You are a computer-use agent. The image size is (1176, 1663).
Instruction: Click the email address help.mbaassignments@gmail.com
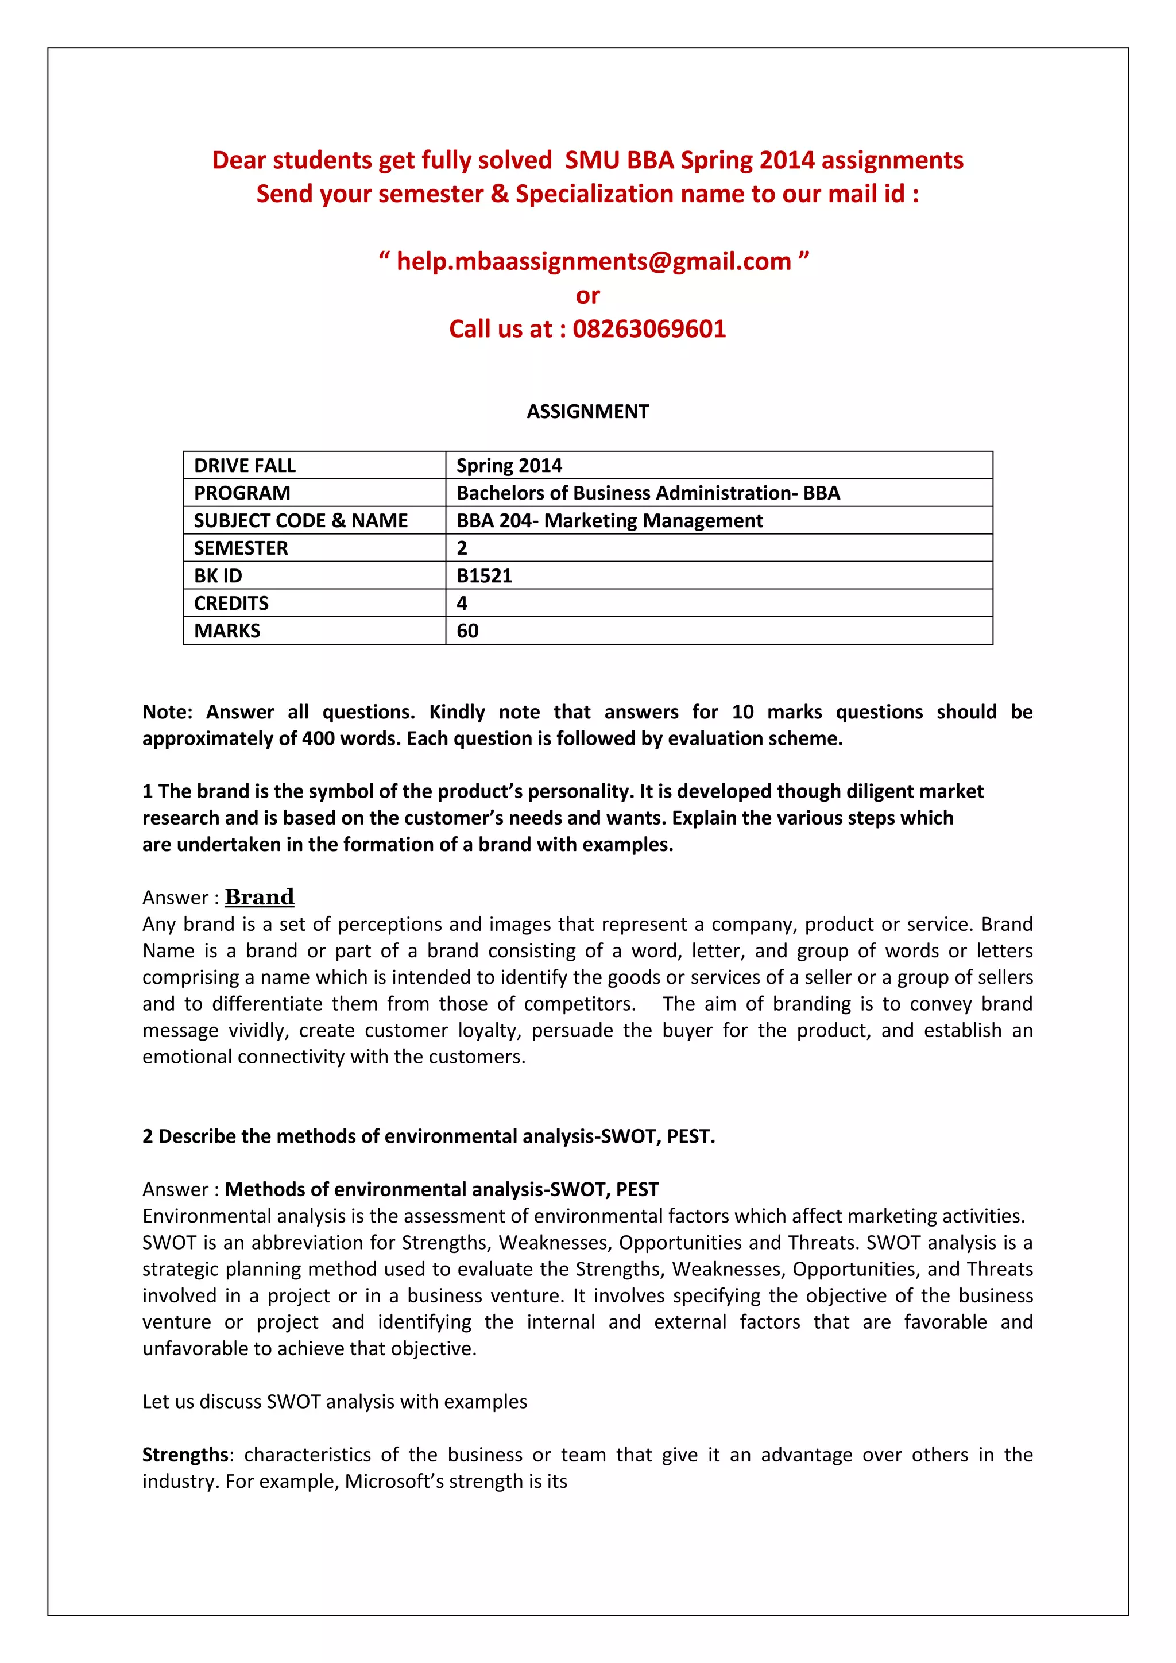pos(593,261)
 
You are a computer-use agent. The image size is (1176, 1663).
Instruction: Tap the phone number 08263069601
pos(649,329)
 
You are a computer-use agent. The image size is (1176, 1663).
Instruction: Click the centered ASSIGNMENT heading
pos(587,411)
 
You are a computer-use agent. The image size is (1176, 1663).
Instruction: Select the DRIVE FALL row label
pos(245,466)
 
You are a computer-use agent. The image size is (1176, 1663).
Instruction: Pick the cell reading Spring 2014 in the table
pos(509,466)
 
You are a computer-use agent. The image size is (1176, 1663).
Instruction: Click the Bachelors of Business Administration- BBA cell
pos(648,493)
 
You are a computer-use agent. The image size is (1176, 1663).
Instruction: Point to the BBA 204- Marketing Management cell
pos(609,521)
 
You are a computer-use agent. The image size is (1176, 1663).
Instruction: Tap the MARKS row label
pos(227,631)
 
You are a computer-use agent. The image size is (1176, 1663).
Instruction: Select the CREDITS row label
pos(231,604)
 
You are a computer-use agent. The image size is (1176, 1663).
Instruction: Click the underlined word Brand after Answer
pos(259,897)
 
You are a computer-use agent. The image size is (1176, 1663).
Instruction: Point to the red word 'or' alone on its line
pos(587,296)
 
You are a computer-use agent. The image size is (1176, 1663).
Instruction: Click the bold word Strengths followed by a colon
pos(185,1455)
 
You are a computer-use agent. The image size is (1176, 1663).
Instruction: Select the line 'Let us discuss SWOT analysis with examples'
pos(335,1402)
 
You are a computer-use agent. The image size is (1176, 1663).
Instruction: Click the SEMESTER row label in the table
pos(241,548)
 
